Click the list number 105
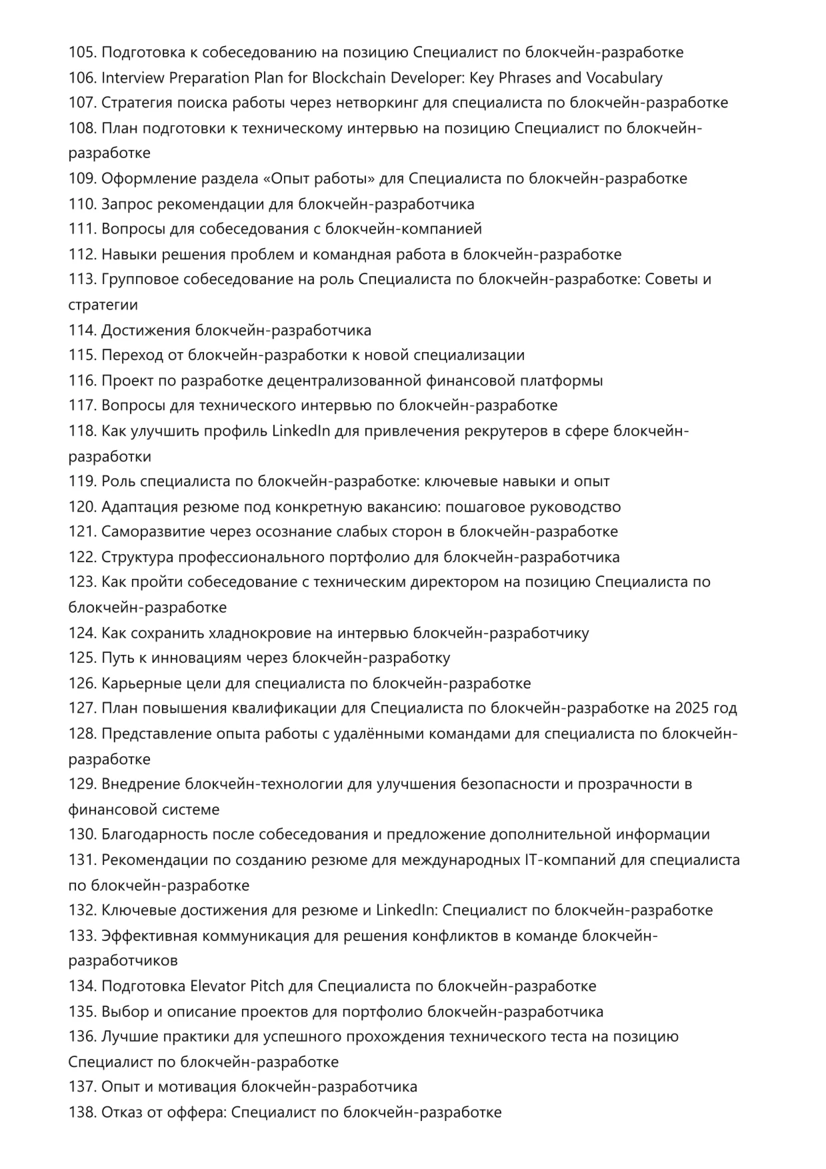[83, 52]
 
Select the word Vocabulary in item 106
[624, 77]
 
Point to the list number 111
[83, 229]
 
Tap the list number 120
[83, 507]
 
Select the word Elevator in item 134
[217, 986]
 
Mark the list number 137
[83, 1087]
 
